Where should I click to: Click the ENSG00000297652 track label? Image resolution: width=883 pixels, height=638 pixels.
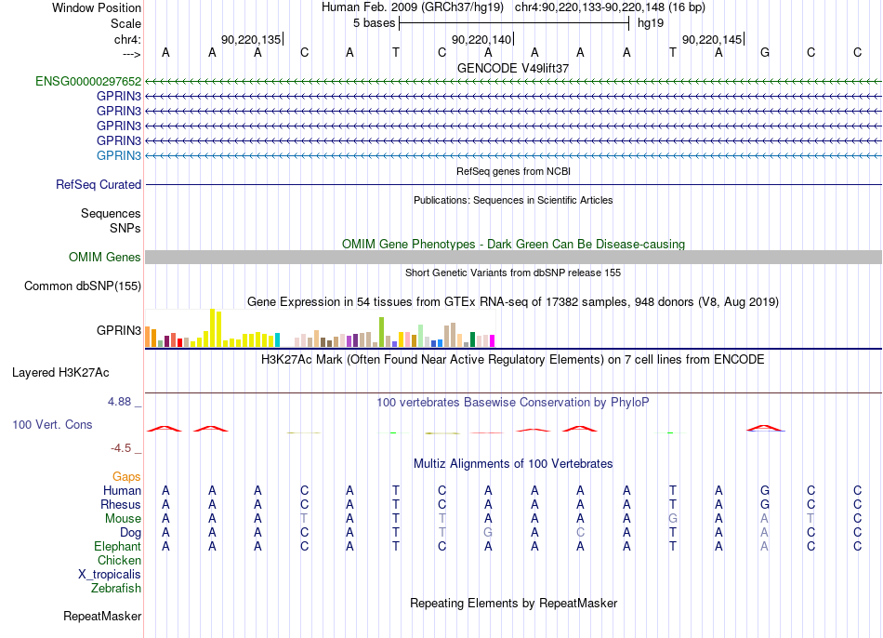(x=88, y=81)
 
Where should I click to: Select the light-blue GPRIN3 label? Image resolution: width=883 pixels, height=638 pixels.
(x=119, y=155)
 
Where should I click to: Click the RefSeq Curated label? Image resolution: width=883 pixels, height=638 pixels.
(x=99, y=184)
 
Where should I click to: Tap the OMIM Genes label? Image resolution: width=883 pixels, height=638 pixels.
(x=105, y=257)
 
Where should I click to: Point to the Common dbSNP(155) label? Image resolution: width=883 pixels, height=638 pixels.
(x=83, y=286)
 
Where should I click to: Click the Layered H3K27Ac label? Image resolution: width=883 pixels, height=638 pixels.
(x=60, y=373)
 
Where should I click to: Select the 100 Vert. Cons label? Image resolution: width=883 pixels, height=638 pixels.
(x=52, y=424)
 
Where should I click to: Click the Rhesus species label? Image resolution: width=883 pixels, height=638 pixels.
(x=121, y=504)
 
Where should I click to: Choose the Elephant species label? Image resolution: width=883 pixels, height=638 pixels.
(x=118, y=546)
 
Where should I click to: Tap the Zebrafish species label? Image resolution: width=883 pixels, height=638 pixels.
(x=116, y=588)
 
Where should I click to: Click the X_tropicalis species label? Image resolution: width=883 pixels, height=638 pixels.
(x=110, y=575)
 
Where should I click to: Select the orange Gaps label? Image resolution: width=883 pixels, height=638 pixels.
(x=126, y=477)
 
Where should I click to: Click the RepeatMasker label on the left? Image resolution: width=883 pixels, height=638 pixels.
(x=102, y=616)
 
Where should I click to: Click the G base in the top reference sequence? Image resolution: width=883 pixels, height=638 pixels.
(x=765, y=52)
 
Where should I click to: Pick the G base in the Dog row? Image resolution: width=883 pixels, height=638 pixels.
(x=488, y=532)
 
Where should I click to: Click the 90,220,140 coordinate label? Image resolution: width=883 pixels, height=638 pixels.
(x=481, y=39)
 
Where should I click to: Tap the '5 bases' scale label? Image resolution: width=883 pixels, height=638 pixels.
(x=374, y=23)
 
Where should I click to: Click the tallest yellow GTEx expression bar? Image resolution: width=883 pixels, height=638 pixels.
(x=212, y=327)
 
